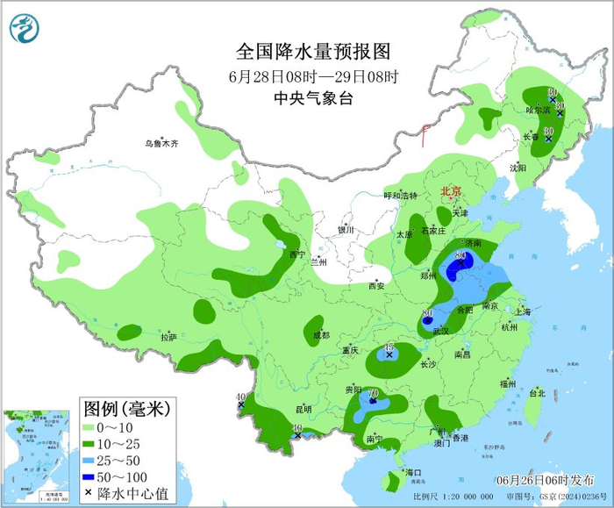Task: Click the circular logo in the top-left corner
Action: (x=25, y=29)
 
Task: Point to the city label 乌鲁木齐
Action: (x=161, y=143)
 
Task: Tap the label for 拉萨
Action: (x=168, y=337)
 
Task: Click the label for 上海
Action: (x=523, y=311)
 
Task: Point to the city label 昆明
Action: (x=303, y=409)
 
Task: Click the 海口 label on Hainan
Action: (x=412, y=473)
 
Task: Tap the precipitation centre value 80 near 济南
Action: (x=460, y=255)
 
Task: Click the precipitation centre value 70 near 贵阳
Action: (x=373, y=393)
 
